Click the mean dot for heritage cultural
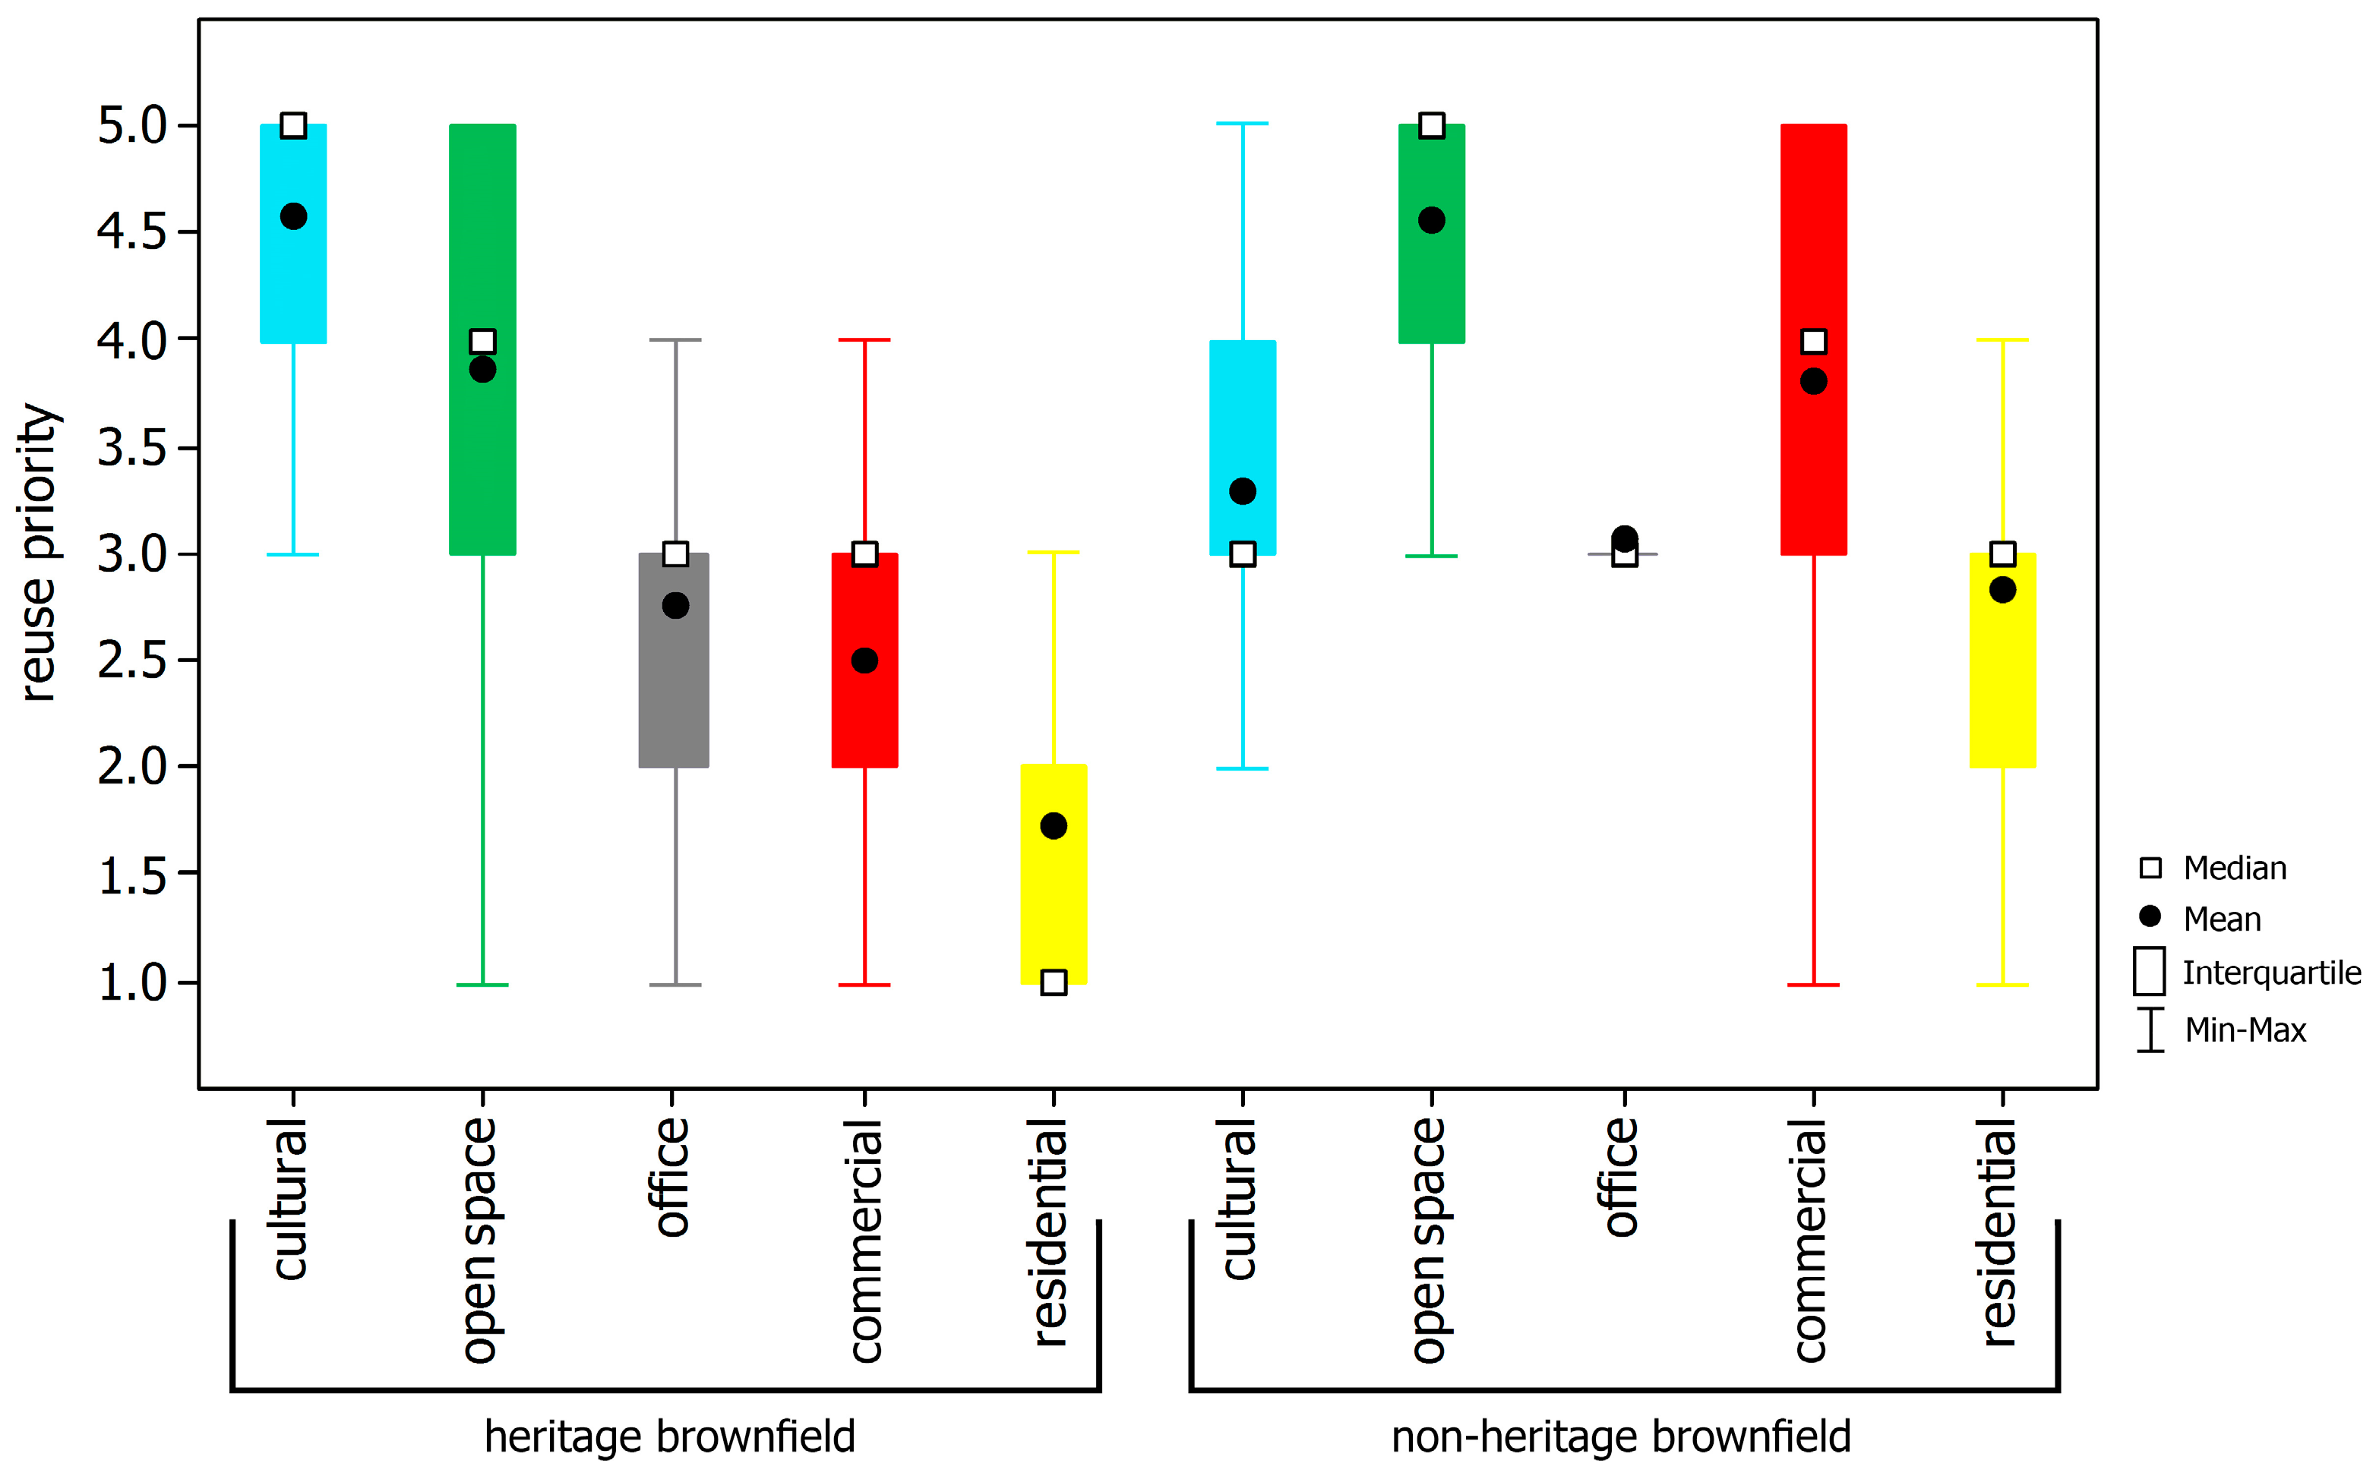293,216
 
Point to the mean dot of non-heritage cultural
1243,491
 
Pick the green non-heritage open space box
1432,284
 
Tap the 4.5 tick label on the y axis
132,233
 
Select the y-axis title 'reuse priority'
39,553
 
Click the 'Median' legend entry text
2235,869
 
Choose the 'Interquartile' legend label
2271,973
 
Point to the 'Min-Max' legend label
2246,1030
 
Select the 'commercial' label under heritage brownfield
865,1241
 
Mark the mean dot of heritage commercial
864,661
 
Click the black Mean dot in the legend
2150,916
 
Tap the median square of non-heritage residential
2002,553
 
